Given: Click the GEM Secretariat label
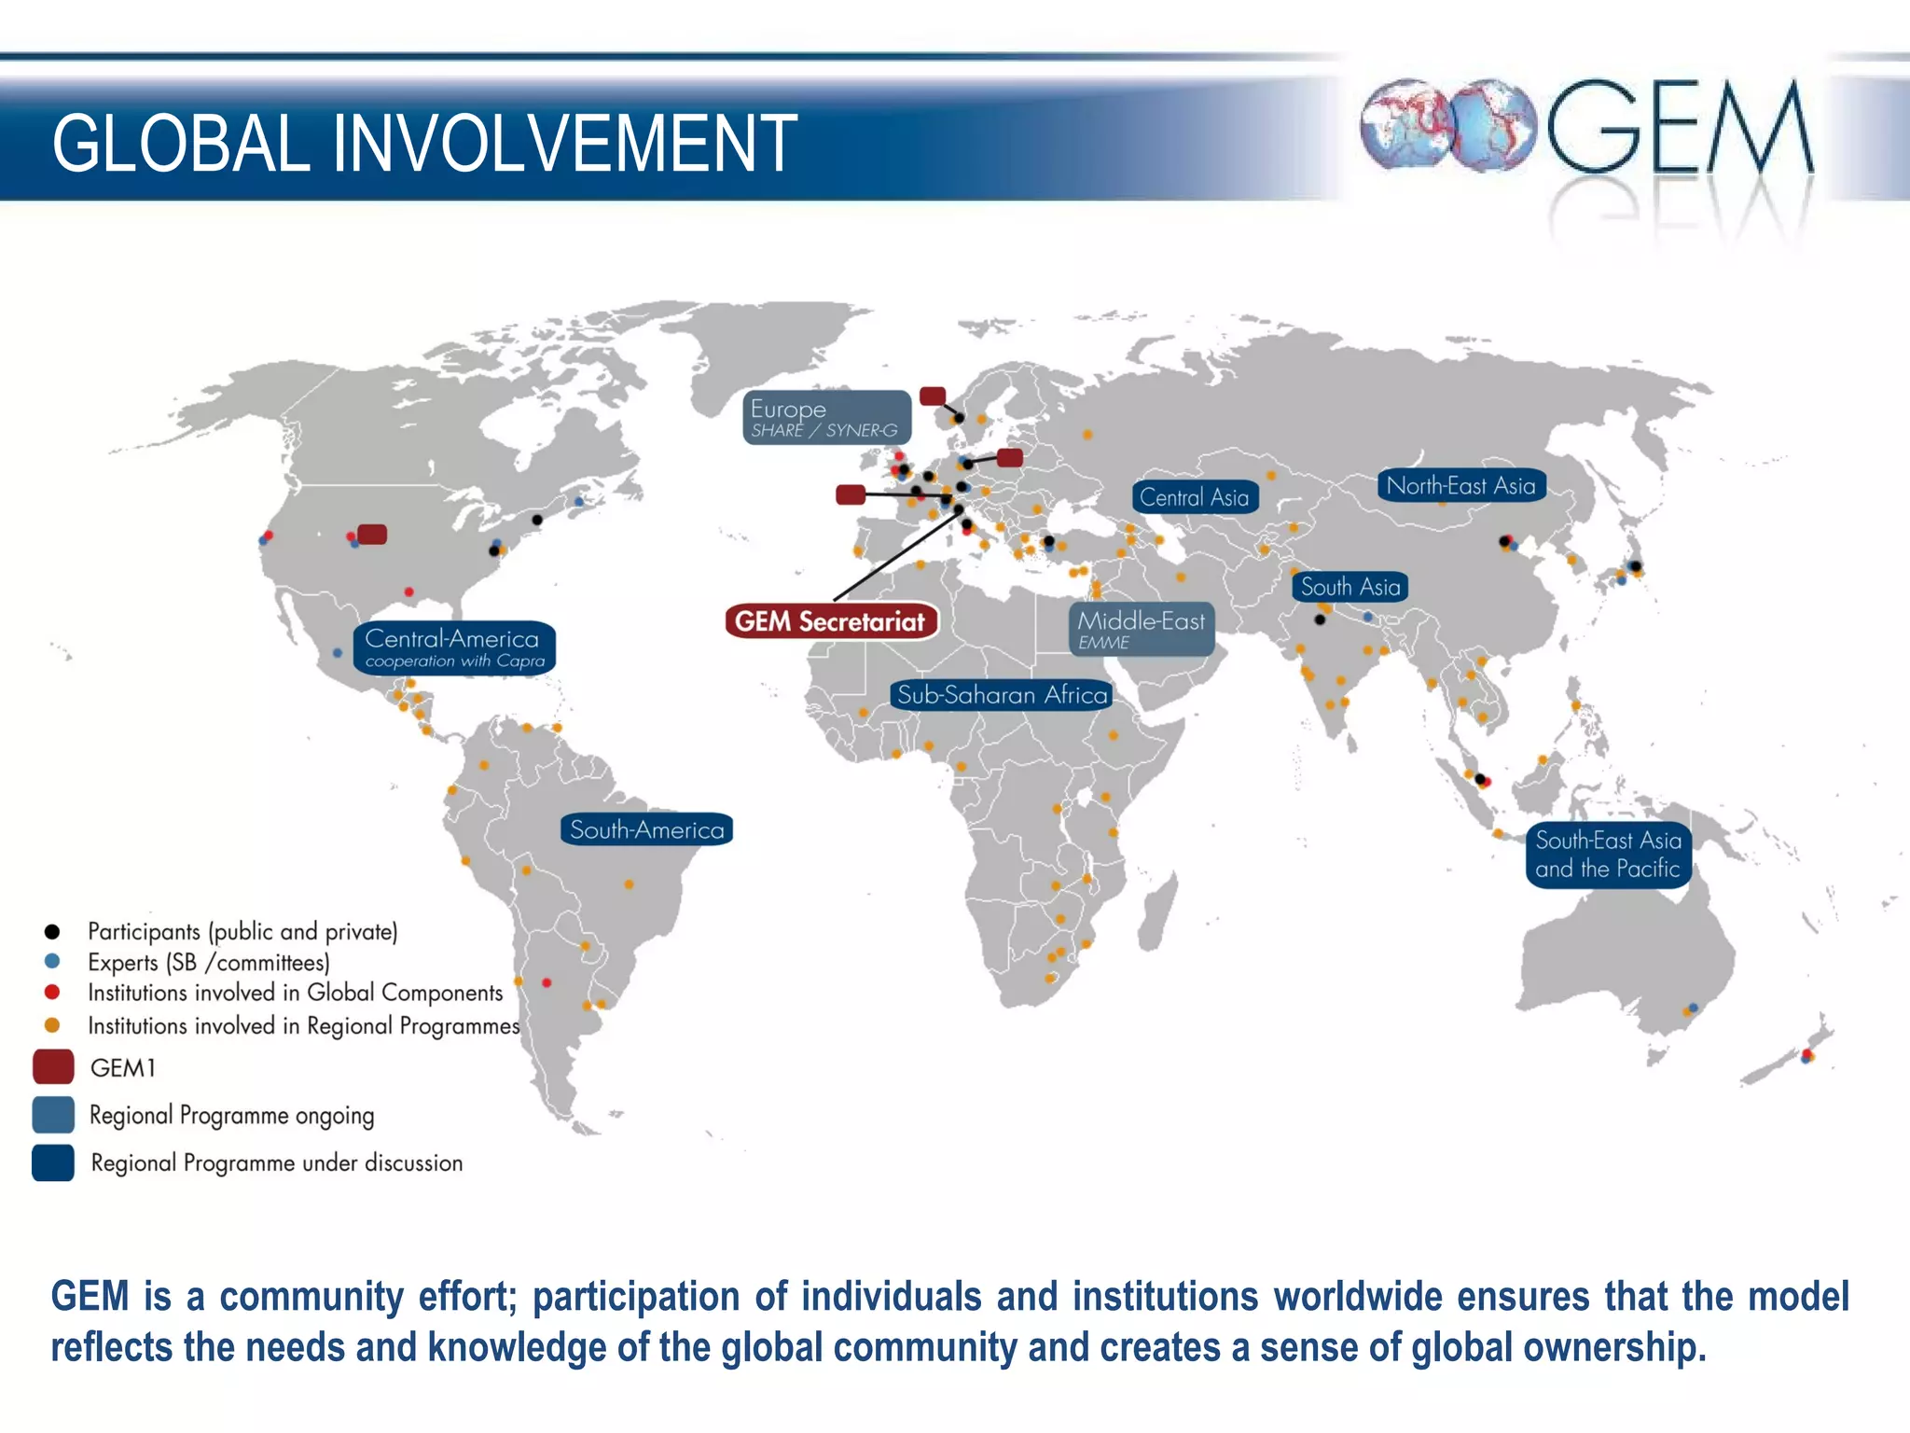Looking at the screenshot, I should coord(830,621).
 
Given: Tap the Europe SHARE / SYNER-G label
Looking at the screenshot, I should coord(826,417).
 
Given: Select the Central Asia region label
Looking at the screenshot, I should coord(1195,497).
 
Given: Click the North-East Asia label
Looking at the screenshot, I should coord(1460,485).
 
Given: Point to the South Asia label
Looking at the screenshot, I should coord(1349,587).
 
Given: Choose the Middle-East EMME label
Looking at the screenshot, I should coord(1141,629).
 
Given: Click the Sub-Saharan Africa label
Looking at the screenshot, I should coord(1002,695).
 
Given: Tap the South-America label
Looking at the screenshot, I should coord(646,829).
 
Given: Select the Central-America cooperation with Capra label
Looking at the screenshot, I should coord(454,647).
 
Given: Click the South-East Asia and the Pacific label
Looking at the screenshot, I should coord(1608,855).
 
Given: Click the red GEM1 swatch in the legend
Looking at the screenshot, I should coord(53,1066).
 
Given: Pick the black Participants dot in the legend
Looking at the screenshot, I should coord(52,931).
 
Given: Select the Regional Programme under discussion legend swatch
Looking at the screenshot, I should coord(53,1162).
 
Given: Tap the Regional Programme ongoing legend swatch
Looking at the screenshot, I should coord(53,1115).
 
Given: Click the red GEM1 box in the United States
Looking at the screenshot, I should coord(372,535).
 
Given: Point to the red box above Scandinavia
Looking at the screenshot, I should coord(933,397).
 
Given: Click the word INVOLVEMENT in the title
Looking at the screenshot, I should coord(564,144).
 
